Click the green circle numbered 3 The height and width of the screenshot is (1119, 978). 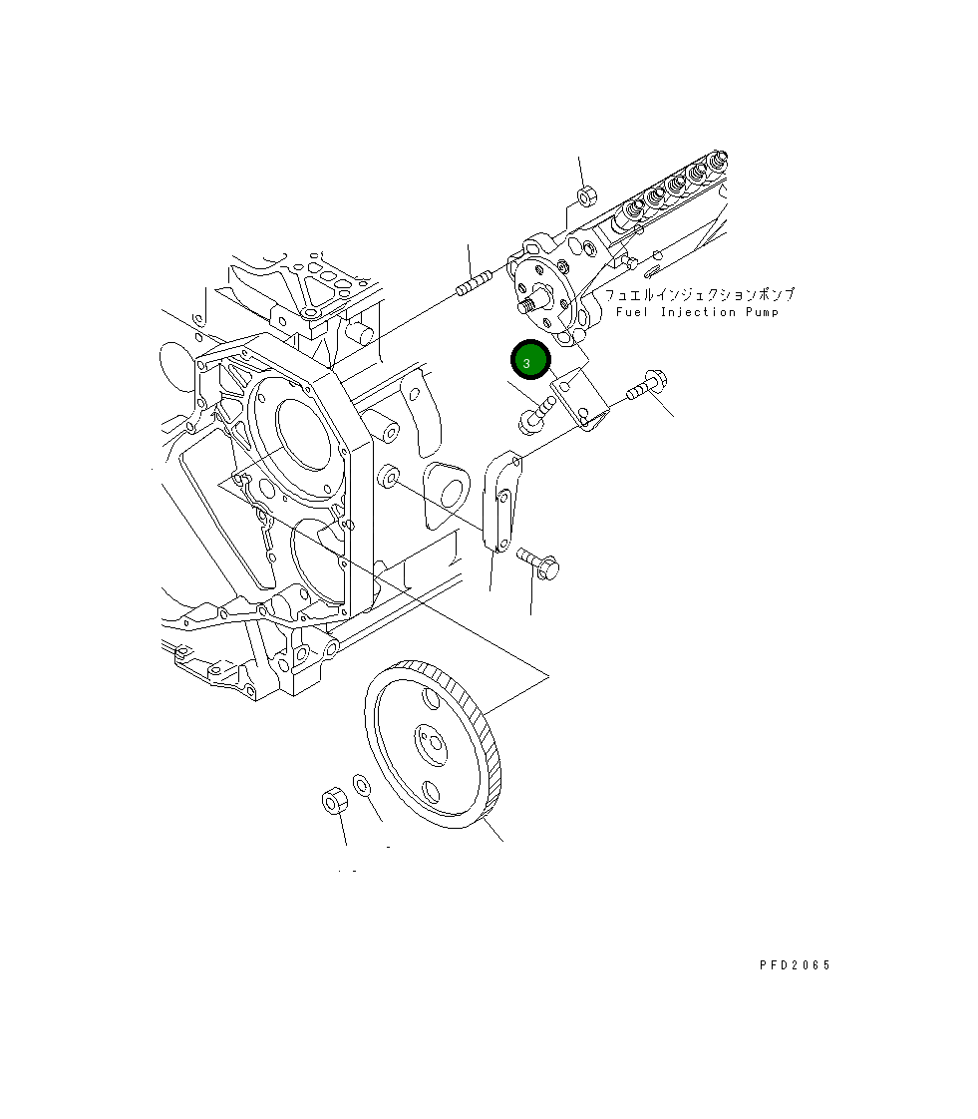pos(530,360)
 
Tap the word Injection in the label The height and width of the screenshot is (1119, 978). pos(698,312)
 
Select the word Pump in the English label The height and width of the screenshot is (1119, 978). pos(762,312)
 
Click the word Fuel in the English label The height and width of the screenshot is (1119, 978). pos(632,312)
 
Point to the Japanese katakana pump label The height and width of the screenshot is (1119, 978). pos(699,294)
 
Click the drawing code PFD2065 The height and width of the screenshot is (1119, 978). pos(795,964)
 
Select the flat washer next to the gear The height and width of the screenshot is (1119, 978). pos(362,785)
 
